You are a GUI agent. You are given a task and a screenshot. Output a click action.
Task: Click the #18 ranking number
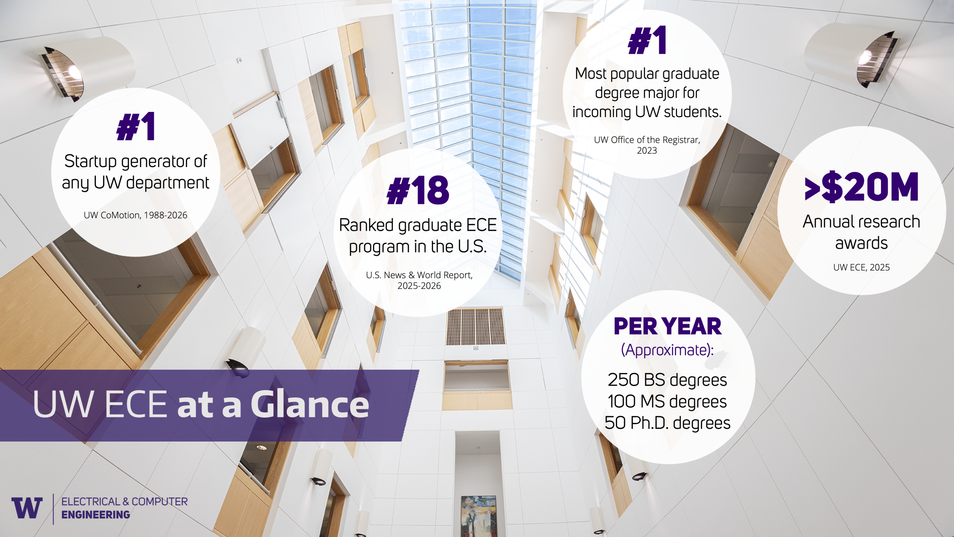418,190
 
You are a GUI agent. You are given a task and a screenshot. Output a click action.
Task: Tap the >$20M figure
862,187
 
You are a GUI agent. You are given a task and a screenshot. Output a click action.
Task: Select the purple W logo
27,508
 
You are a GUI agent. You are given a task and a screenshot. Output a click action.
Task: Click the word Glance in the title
310,404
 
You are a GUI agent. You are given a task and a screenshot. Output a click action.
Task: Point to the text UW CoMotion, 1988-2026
135,215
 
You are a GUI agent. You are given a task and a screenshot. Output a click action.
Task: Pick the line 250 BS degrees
667,380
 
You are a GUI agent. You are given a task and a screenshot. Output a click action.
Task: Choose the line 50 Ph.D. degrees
667,423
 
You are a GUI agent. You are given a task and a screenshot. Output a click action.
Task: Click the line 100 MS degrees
667,402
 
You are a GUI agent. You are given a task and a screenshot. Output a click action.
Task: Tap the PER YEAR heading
667,326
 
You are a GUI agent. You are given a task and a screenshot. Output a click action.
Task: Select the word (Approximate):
667,350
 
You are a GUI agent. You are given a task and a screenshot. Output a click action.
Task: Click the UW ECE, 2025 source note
862,267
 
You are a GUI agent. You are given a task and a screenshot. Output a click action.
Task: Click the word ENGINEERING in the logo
96,515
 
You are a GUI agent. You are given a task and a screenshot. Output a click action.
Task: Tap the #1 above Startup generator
136,127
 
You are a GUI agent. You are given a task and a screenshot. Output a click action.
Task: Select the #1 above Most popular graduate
647,40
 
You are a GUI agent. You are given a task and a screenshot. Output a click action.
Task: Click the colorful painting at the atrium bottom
478,516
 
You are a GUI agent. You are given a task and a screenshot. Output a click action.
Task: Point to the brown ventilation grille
476,326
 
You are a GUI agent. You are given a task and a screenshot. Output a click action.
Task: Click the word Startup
91,162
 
